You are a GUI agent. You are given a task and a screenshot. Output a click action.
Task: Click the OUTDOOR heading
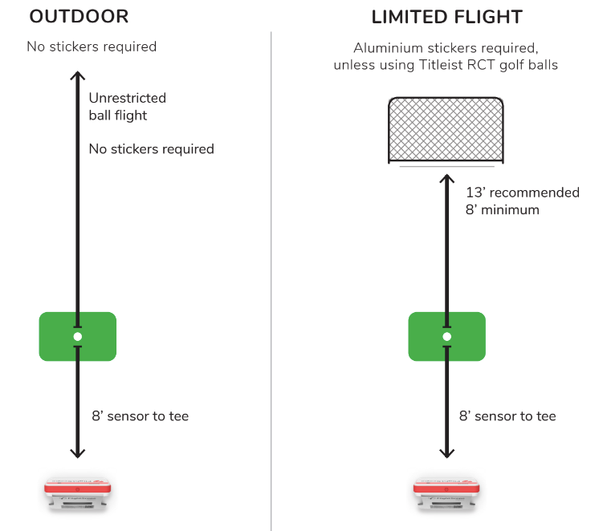point(79,17)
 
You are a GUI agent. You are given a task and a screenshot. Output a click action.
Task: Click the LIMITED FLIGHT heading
point(446,17)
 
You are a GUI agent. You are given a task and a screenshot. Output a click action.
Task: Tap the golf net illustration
point(446,129)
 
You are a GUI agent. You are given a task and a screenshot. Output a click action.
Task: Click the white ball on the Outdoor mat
point(77,337)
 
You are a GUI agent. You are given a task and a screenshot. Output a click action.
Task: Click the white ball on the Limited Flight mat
point(446,337)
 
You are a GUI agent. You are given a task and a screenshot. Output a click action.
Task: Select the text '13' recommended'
point(522,193)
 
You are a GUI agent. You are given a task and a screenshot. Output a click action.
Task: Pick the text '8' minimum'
point(502,209)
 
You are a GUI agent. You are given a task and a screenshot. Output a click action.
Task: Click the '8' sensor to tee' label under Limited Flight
point(507,416)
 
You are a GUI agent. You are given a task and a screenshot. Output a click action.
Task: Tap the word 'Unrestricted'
point(127,98)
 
